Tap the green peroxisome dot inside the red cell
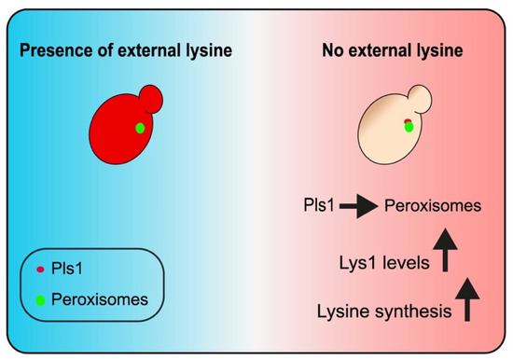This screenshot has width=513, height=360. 139,128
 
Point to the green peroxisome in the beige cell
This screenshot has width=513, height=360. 409,127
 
